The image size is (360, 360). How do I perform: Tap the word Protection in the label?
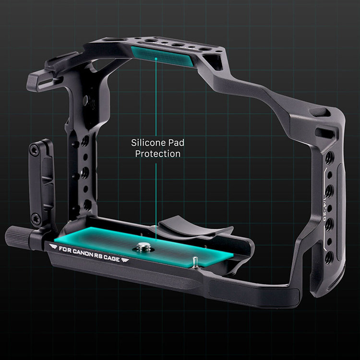(158, 154)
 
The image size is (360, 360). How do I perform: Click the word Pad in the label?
(176, 143)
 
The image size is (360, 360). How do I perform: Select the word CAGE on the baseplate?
(111, 258)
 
